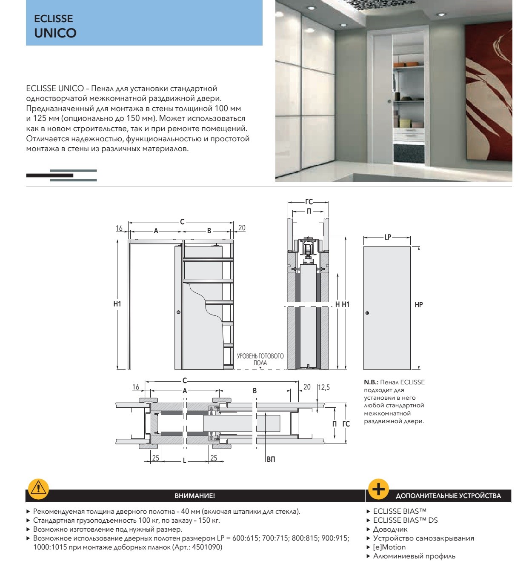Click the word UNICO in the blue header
(55, 33)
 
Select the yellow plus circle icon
(378, 489)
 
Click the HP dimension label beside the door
(419, 305)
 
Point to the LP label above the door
(388, 237)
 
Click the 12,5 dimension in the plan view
(324, 387)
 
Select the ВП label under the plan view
(271, 459)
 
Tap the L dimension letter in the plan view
(184, 461)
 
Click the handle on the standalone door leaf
(367, 313)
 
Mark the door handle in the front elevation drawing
(178, 312)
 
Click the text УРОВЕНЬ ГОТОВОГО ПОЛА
(260, 359)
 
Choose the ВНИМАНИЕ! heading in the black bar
(194, 496)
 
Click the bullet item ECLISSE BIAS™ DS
(405, 520)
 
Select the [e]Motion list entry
(389, 547)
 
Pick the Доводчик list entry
(390, 530)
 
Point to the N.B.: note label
(371, 382)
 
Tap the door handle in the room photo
(389, 101)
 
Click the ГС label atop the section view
(309, 202)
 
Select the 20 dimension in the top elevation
(242, 228)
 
